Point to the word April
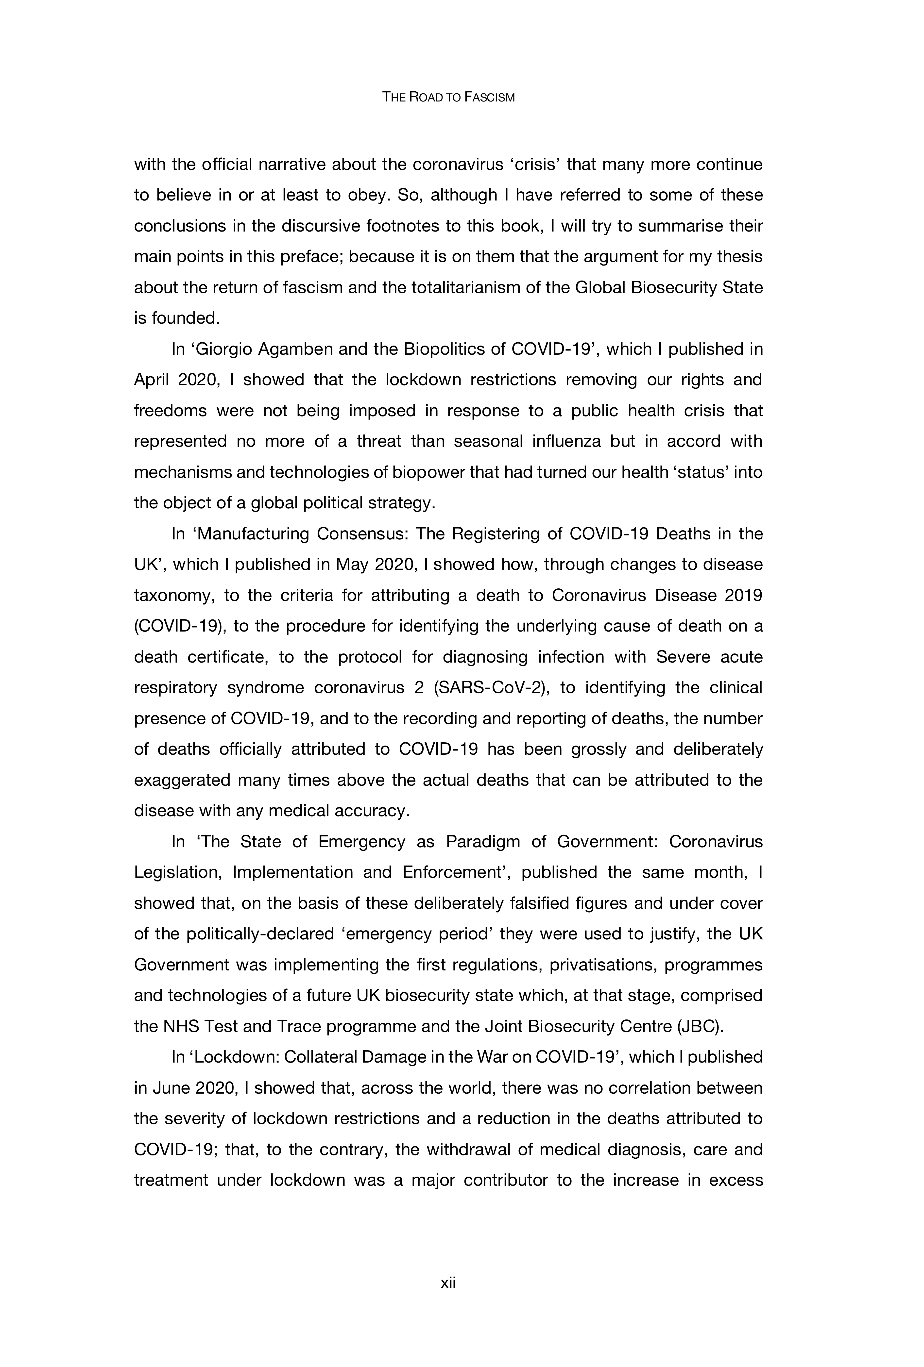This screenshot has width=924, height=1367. click(151, 380)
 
